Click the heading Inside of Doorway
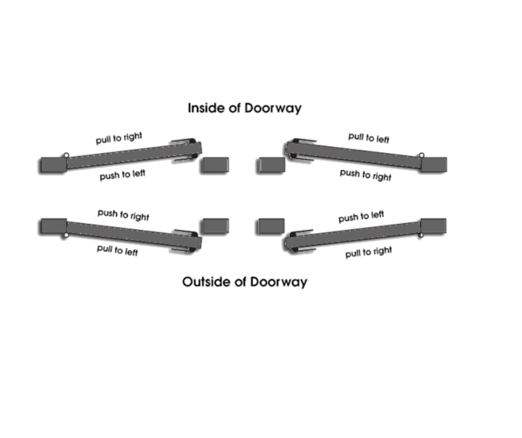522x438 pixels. click(244, 108)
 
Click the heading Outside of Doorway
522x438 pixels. click(244, 282)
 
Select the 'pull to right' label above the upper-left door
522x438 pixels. click(119, 138)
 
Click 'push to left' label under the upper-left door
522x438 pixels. click(122, 175)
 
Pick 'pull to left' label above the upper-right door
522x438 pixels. click(369, 138)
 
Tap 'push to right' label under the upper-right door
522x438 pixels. click(366, 175)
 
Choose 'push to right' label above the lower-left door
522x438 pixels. click(123, 215)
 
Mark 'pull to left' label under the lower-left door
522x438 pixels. click(117, 250)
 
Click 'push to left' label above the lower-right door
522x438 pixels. click(361, 216)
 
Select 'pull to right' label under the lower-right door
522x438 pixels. click(369, 252)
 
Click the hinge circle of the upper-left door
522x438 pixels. click(66, 155)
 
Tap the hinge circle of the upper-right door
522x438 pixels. click(422, 155)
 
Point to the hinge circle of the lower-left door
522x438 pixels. click(66, 235)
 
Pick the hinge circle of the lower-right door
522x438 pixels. click(421, 235)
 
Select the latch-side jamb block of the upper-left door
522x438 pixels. click(215, 165)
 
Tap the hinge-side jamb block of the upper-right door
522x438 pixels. click(434, 165)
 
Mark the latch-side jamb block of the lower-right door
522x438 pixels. click(270, 226)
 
